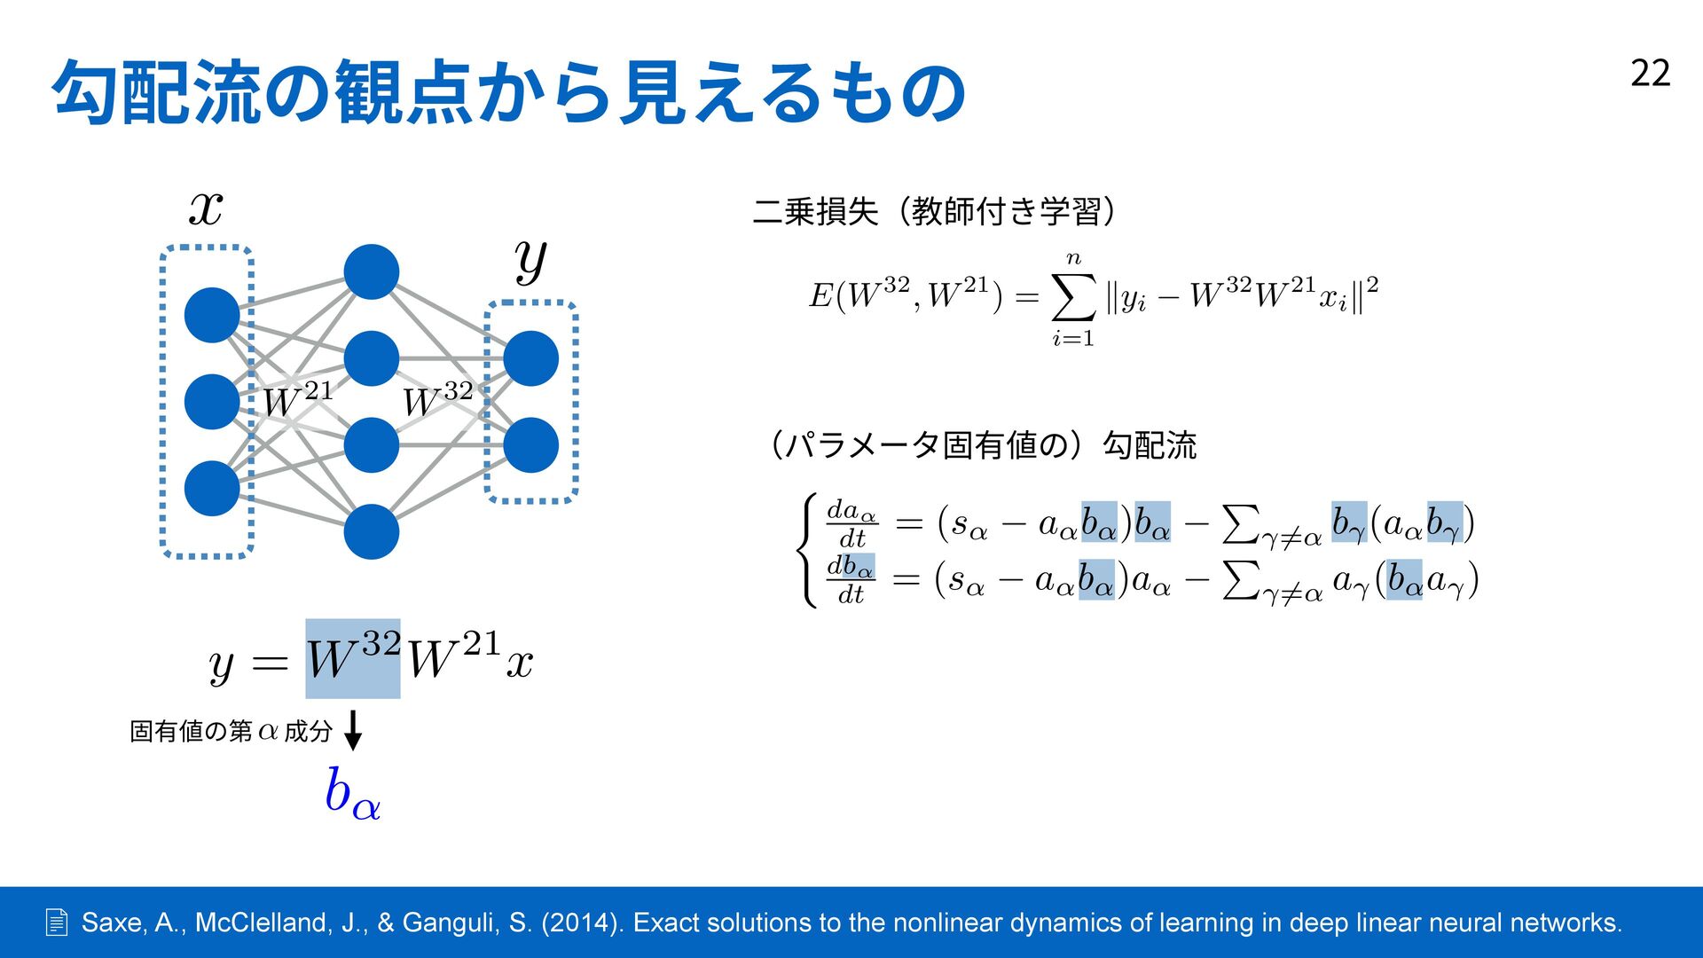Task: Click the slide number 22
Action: [x=1650, y=73]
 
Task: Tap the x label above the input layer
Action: [x=206, y=209]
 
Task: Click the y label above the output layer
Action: [x=530, y=261]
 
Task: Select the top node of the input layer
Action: [x=212, y=315]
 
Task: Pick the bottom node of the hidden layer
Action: [x=371, y=531]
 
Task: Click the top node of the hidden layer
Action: [x=371, y=271]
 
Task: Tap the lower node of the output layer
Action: [x=530, y=445]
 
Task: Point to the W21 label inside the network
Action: [x=297, y=400]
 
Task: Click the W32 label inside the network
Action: [x=437, y=400]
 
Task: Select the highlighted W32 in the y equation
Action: [x=353, y=658]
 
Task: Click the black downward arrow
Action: [x=353, y=730]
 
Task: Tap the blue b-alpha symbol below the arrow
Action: [x=352, y=792]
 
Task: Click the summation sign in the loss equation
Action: [x=1073, y=298]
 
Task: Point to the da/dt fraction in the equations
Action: [x=851, y=523]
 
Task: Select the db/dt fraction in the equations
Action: [x=851, y=579]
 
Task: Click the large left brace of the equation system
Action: [x=807, y=551]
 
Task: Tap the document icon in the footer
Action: [x=56, y=923]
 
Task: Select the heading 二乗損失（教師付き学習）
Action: [x=934, y=212]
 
